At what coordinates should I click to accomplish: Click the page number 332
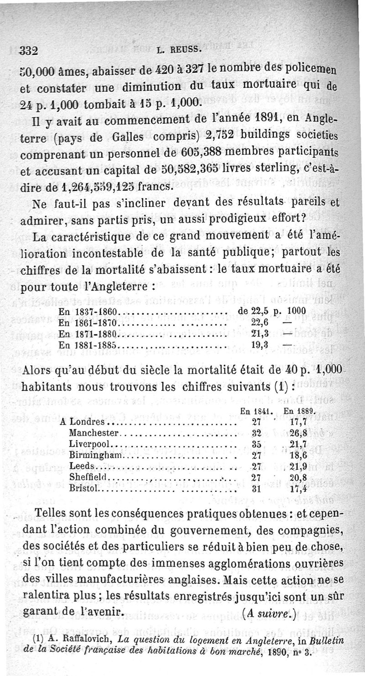[28, 51]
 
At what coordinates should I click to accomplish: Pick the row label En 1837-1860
[89, 312]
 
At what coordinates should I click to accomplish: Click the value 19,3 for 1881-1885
[259, 345]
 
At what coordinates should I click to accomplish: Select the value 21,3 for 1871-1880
[259, 334]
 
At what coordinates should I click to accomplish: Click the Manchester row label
[94, 432]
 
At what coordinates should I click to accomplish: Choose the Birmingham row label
[96, 455]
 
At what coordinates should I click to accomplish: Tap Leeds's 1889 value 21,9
[301, 466]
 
